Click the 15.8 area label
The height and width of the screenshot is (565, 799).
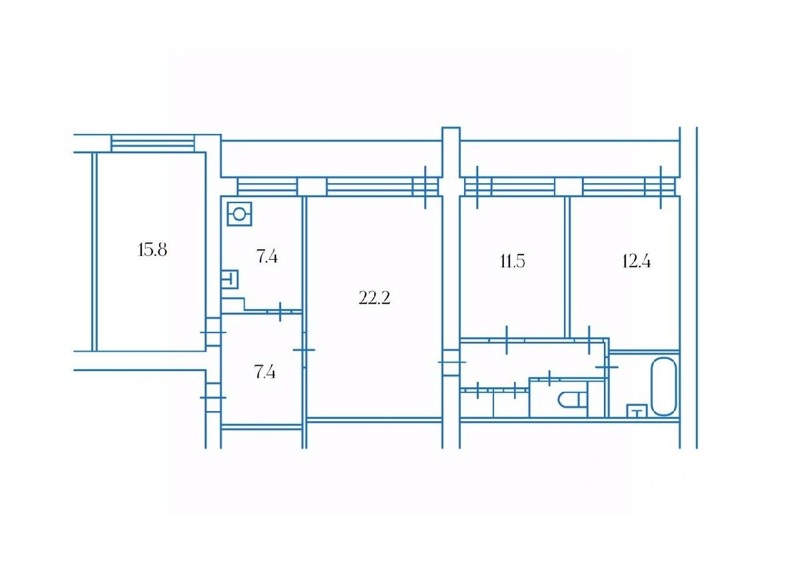152,251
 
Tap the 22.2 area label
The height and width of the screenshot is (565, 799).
374,298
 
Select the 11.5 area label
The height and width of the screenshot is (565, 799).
513,261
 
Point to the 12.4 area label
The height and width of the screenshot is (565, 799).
636,261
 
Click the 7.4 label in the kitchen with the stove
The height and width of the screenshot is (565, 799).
266,257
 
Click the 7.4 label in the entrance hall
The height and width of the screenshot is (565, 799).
265,372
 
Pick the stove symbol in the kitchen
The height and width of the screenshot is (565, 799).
239,215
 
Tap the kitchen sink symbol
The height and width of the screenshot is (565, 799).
230,279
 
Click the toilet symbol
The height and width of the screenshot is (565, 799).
571,399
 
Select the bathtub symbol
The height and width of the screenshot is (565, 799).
663,386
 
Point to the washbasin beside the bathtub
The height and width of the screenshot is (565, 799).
637,410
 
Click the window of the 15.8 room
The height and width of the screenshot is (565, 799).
152,143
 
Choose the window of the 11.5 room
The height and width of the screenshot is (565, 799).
509,187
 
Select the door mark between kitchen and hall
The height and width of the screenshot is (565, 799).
281,310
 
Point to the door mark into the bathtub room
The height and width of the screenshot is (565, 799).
607,367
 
